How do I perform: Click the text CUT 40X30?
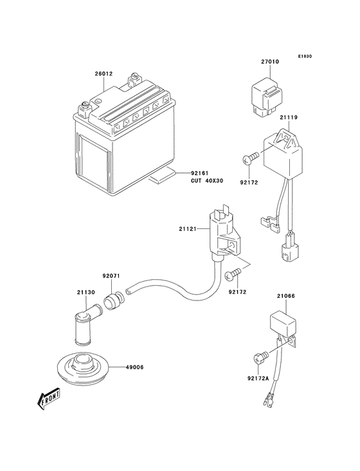pyautogui.click(x=205, y=180)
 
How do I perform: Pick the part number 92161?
pyautogui.click(x=200, y=173)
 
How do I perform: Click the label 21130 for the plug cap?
pyautogui.click(x=87, y=292)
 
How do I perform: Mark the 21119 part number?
pyautogui.click(x=289, y=118)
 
